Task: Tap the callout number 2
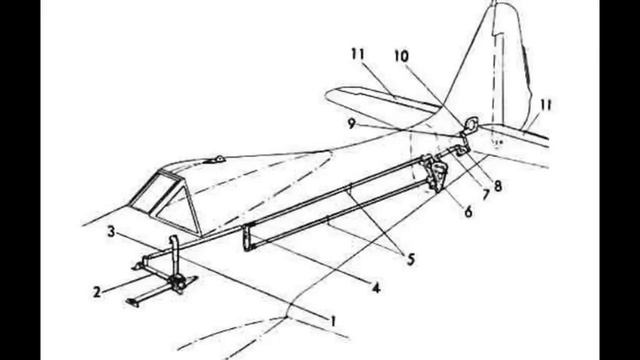(97, 292)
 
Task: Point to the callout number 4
(376, 289)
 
